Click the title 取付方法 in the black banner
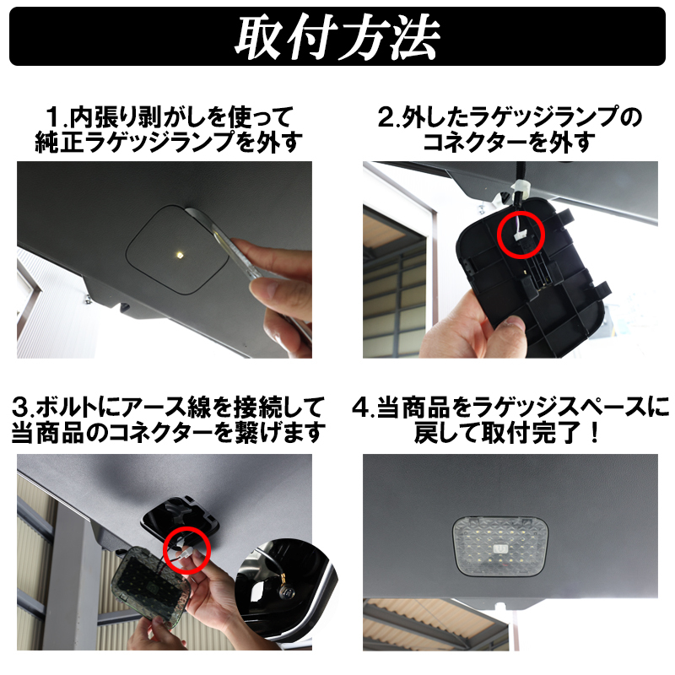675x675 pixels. point(337,36)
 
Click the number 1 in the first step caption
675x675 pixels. point(53,117)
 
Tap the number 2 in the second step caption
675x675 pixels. point(385,117)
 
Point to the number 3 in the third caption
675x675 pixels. point(19,408)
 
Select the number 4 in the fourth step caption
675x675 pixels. point(360,408)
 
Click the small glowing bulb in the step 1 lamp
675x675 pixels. point(178,255)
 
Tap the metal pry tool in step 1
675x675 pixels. point(224,241)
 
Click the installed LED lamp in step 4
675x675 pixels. point(501,546)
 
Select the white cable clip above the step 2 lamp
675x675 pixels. point(521,188)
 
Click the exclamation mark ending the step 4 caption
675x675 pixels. point(596,433)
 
